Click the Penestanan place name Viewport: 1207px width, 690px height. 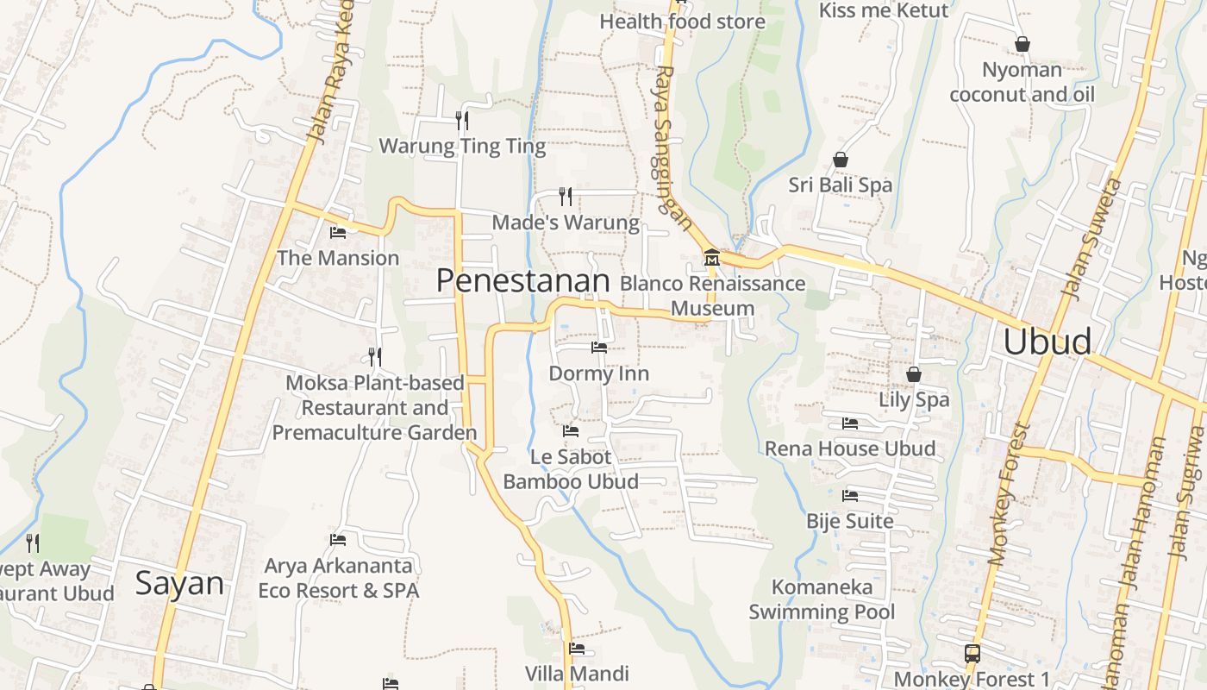pyautogui.click(x=522, y=280)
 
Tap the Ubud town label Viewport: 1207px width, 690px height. pyautogui.click(x=1047, y=342)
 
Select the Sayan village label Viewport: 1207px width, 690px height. pyautogui.click(x=179, y=584)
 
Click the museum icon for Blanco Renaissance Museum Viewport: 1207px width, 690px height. pyautogui.click(x=712, y=257)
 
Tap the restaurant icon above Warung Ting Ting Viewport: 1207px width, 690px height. pyautogui.click(x=462, y=120)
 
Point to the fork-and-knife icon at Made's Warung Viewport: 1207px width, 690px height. pyautogui.click(x=566, y=197)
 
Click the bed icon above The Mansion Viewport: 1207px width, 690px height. pyautogui.click(x=338, y=232)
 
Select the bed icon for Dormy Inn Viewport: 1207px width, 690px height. pyautogui.click(x=599, y=348)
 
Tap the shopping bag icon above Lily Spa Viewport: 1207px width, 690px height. pyautogui.click(x=914, y=374)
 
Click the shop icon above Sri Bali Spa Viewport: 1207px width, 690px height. pyautogui.click(x=841, y=160)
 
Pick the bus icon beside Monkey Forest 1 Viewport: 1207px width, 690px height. pyautogui.click(x=972, y=653)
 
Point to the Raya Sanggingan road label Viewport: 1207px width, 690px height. pyautogui.click(x=672, y=149)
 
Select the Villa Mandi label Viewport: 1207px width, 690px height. pyautogui.click(x=577, y=673)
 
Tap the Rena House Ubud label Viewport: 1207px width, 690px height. pyautogui.click(x=850, y=448)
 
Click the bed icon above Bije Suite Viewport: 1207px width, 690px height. pyautogui.click(x=850, y=496)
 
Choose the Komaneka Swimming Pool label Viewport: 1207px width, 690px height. pyautogui.click(x=822, y=599)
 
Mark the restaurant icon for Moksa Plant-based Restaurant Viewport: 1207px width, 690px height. pyautogui.click(x=375, y=356)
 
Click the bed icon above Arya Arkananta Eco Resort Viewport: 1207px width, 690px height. pyautogui.click(x=338, y=540)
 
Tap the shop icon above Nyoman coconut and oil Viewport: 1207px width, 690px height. pyautogui.click(x=1023, y=44)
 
